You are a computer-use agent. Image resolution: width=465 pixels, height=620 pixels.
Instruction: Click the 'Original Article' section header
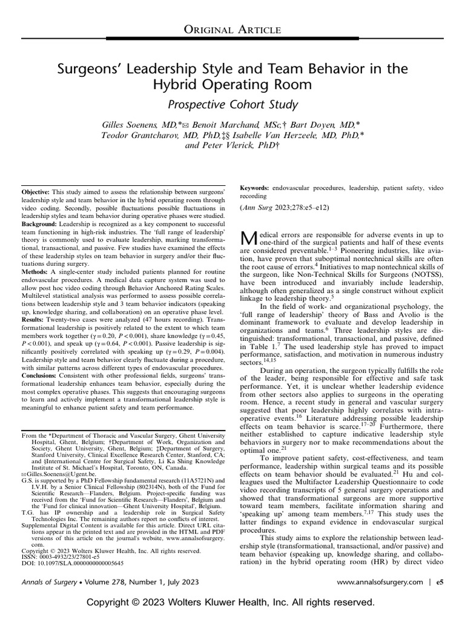(232, 29)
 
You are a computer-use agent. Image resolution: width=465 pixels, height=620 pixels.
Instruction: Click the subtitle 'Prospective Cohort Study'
(232, 105)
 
